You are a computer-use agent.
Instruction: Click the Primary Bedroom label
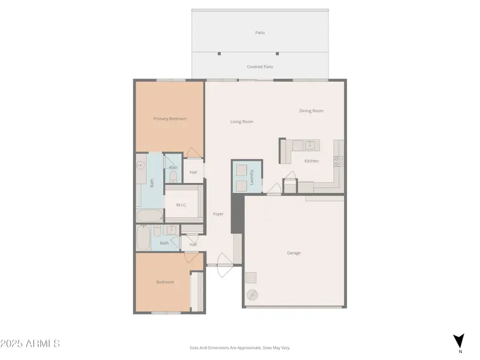[x=170, y=119]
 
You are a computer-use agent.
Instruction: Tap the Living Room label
[x=242, y=122]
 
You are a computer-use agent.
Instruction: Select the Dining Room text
[x=311, y=111]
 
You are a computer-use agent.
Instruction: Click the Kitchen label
[x=311, y=161]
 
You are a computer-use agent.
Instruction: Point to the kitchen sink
[x=309, y=145]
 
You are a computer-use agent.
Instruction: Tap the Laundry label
[x=251, y=177]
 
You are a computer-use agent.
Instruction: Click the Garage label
[x=293, y=253]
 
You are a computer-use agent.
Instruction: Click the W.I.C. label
[x=181, y=205]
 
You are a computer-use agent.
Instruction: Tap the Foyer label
[x=218, y=214]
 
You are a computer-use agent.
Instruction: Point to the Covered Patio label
[x=260, y=67]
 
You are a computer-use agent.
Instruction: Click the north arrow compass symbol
[x=458, y=340]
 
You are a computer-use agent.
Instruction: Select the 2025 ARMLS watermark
[x=30, y=343]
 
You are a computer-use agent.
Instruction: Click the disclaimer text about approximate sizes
[x=239, y=348]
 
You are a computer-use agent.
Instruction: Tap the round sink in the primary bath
[x=140, y=166]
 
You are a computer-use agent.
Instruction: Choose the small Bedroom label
[x=165, y=282]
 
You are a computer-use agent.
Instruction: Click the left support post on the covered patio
[x=219, y=53]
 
